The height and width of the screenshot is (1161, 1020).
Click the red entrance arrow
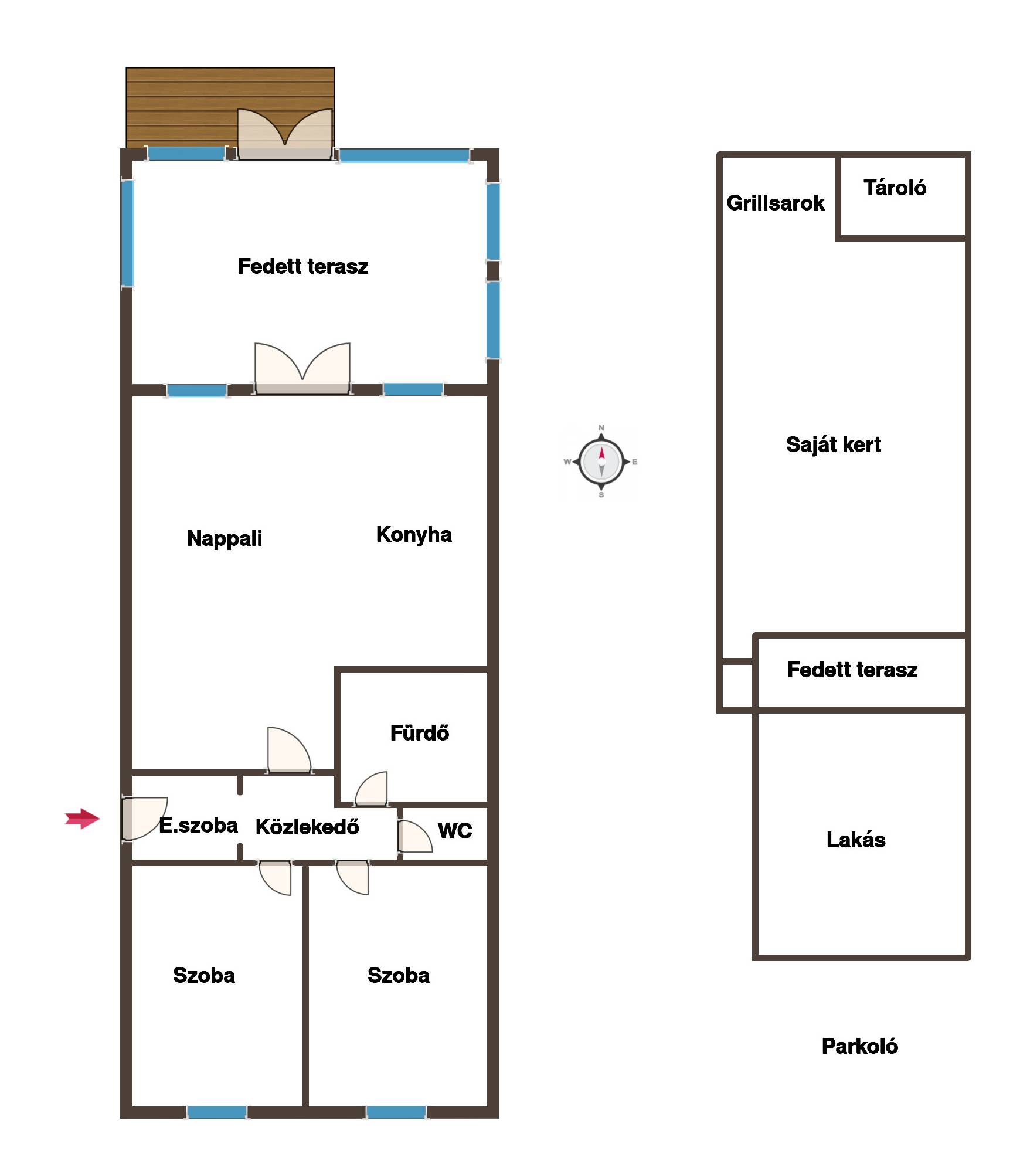tap(82, 819)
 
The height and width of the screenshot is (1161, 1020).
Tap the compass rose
tap(601, 461)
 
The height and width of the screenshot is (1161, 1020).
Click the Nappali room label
tap(224, 538)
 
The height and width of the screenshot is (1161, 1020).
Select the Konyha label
tap(414, 534)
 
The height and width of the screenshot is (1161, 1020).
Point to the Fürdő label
tap(420, 732)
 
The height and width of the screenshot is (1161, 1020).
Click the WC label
tap(455, 830)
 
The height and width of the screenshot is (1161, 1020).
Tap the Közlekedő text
tap(307, 826)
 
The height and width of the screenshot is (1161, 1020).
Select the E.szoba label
tap(198, 825)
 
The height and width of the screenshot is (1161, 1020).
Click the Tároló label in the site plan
tap(895, 188)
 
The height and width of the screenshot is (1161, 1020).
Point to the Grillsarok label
tap(775, 203)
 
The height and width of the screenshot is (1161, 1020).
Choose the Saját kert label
tap(833, 444)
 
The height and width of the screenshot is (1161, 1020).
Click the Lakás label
tap(856, 840)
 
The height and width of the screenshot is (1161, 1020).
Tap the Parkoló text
tap(859, 1046)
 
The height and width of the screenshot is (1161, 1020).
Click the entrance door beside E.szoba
tap(144, 819)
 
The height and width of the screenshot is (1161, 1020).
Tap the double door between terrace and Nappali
tap(302, 368)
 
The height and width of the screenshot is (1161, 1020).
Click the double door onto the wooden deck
tap(285, 134)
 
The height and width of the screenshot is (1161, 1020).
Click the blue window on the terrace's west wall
tap(127, 233)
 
